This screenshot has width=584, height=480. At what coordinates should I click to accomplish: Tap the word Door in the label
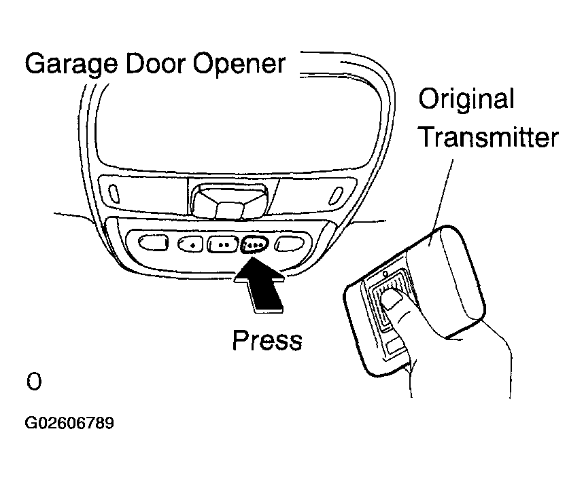pyautogui.click(x=155, y=64)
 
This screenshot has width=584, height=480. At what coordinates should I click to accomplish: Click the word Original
pyautogui.click(x=466, y=99)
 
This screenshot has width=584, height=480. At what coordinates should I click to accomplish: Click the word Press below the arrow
pyautogui.click(x=267, y=340)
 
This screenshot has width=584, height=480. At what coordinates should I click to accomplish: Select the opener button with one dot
pyautogui.click(x=190, y=244)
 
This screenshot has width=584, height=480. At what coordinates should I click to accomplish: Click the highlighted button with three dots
pyautogui.click(x=254, y=244)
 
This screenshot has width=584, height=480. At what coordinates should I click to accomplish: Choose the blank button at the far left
pyautogui.click(x=153, y=243)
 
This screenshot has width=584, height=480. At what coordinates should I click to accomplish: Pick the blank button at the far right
pyautogui.click(x=290, y=244)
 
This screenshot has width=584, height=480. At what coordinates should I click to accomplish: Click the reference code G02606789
pyautogui.click(x=69, y=423)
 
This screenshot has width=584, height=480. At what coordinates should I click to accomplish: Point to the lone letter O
pyautogui.click(x=34, y=382)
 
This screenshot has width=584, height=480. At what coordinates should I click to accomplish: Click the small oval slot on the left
pyautogui.click(x=114, y=193)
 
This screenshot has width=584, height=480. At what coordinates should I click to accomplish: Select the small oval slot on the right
pyautogui.click(x=336, y=196)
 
